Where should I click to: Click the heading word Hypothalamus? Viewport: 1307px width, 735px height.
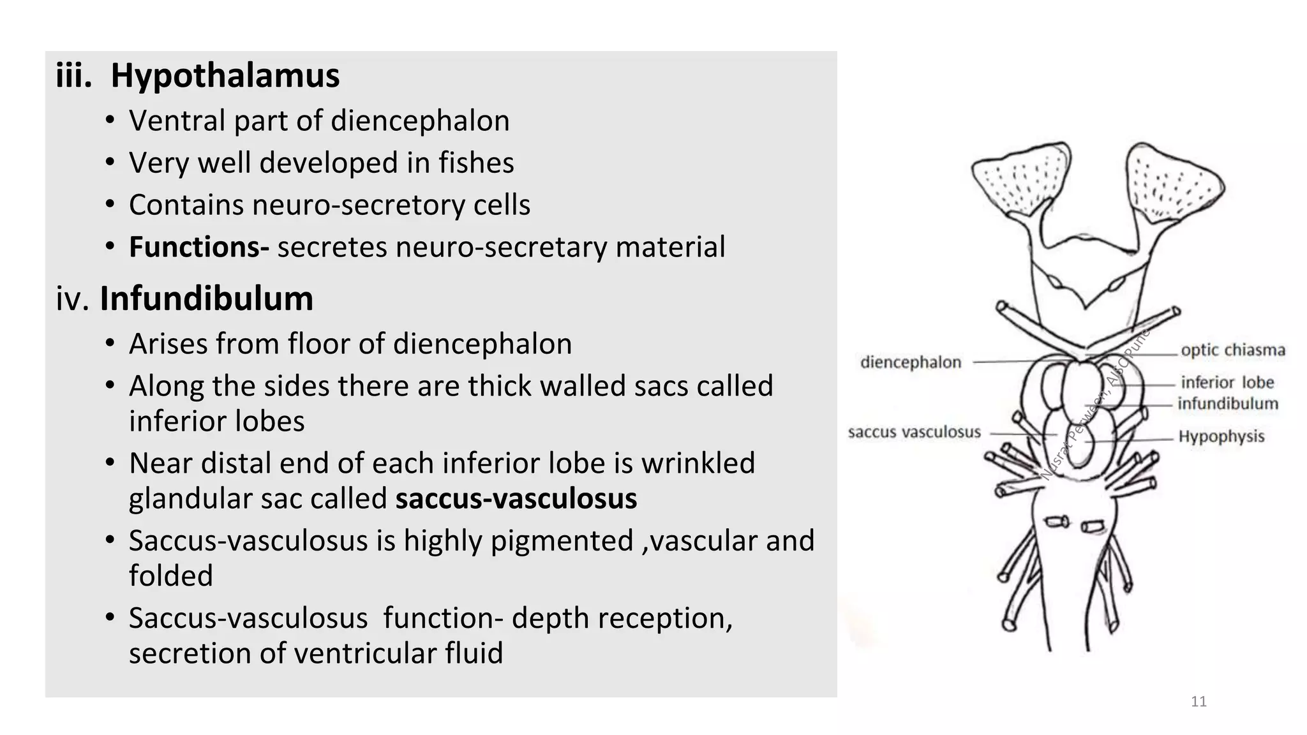(x=225, y=76)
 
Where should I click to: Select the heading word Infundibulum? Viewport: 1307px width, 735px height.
(x=206, y=299)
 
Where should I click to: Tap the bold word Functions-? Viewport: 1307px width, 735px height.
(x=199, y=247)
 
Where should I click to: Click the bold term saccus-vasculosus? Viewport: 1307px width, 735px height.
(x=516, y=498)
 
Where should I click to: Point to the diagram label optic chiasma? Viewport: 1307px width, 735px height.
(x=1232, y=350)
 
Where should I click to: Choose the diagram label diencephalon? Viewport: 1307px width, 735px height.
(x=910, y=362)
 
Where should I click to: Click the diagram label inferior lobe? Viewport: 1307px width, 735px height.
(x=1227, y=382)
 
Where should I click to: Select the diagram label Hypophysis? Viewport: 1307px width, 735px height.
(x=1221, y=436)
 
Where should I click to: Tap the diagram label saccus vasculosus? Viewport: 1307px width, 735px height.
(x=914, y=432)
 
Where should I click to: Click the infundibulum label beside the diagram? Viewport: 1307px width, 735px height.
(x=1227, y=403)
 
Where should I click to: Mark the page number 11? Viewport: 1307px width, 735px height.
(x=1199, y=702)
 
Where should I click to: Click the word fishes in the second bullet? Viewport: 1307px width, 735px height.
(x=475, y=163)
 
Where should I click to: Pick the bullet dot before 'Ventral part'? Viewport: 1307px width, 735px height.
(x=110, y=121)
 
